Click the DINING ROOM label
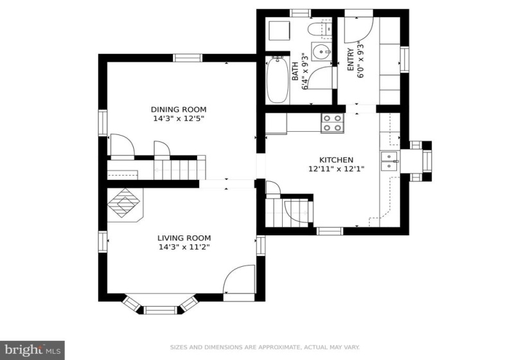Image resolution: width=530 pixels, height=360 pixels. point(179,110)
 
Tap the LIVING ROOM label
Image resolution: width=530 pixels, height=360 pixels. point(184,238)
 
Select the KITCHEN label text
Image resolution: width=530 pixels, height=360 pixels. point(337,159)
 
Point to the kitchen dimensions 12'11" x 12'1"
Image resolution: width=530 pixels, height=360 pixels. point(337,168)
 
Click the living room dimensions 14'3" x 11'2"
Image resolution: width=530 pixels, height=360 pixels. point(184,247)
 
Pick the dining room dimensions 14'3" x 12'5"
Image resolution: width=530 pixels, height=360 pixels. point(179,118)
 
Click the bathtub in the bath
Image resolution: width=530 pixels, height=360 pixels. point(278,80)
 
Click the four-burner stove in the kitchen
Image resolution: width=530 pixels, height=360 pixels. point(332,123)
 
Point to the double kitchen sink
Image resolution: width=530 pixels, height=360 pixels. point(390,161)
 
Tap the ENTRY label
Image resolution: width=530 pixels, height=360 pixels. point(351,60)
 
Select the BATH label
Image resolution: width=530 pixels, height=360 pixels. point(295,71)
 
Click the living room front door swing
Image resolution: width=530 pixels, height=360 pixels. point(238,280)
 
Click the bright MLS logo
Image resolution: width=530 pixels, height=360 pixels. point(33,350)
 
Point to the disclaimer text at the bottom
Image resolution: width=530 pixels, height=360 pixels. point(265,347)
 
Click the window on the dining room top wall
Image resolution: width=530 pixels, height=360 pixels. point(188,58)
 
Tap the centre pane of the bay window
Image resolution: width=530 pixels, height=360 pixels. point(161,310)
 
